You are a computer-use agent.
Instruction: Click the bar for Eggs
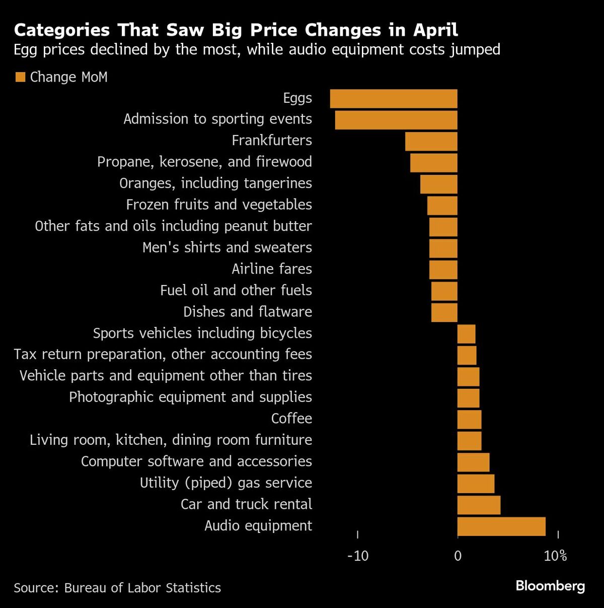(x=394, y=99)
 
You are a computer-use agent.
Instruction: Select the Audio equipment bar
(x=501, y=526)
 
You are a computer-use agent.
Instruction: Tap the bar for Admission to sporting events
(x=396, y=120)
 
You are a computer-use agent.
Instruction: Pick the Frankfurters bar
(x=431, y=142)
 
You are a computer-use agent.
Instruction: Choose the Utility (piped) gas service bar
(x=476, y=484)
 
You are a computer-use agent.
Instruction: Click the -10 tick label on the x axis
(x=358, y=556)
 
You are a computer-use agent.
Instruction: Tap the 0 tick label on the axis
(x=458, y=556)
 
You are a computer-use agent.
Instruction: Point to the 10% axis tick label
(x=556, y=556)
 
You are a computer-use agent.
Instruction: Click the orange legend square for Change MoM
(x=20, y=77)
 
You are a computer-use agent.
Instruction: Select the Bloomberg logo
(x=550, y=586)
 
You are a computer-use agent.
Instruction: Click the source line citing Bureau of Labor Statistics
(x=117, y=588)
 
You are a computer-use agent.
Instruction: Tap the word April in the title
(x=435, y=30)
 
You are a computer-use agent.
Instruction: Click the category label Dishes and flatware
(x=248, y=312)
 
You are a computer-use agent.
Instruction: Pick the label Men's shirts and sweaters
(x=227, y=248)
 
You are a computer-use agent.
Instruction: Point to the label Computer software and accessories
(x=196, y=461)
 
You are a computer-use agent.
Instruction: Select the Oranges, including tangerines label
(x=215, y=183)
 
